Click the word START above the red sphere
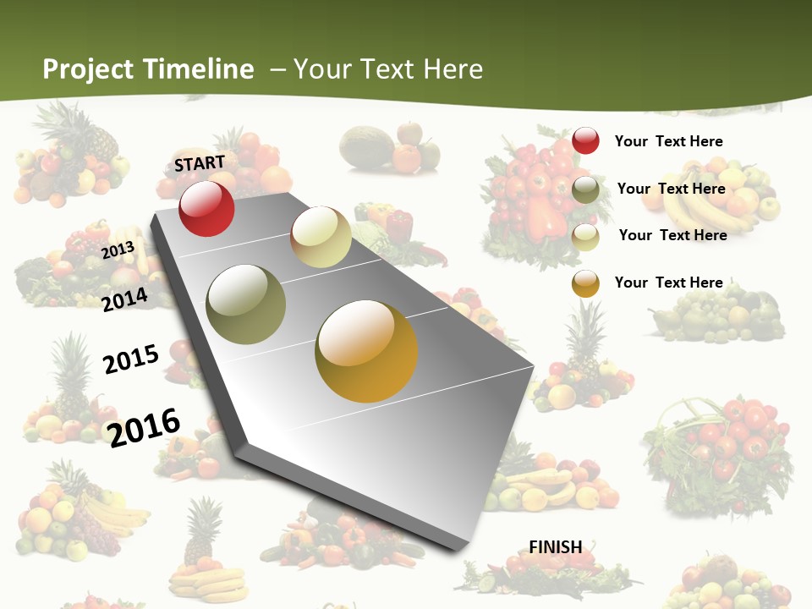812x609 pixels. pos(200,163)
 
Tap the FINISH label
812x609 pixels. pos(556,547)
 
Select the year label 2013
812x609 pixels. pos(118,250)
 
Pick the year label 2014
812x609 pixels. pos(125,299)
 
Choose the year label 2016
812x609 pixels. pos(144,427)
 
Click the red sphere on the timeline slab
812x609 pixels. pos(206,208)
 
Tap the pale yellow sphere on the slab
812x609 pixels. pos(321,237)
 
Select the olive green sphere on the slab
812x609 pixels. pos(245,304)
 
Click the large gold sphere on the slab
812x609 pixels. pos(366,351)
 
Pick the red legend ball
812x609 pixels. pos(585,140)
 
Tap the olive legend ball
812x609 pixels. pos(585,189)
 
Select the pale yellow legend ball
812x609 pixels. pos(585,237)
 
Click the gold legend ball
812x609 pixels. pos(585,283)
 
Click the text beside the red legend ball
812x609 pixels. pos(668,141)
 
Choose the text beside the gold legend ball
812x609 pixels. pos(668,283)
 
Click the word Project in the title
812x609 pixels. pos(89,69)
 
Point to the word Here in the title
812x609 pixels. pos(453,69)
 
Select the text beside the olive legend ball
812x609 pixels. pos(671,189)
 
